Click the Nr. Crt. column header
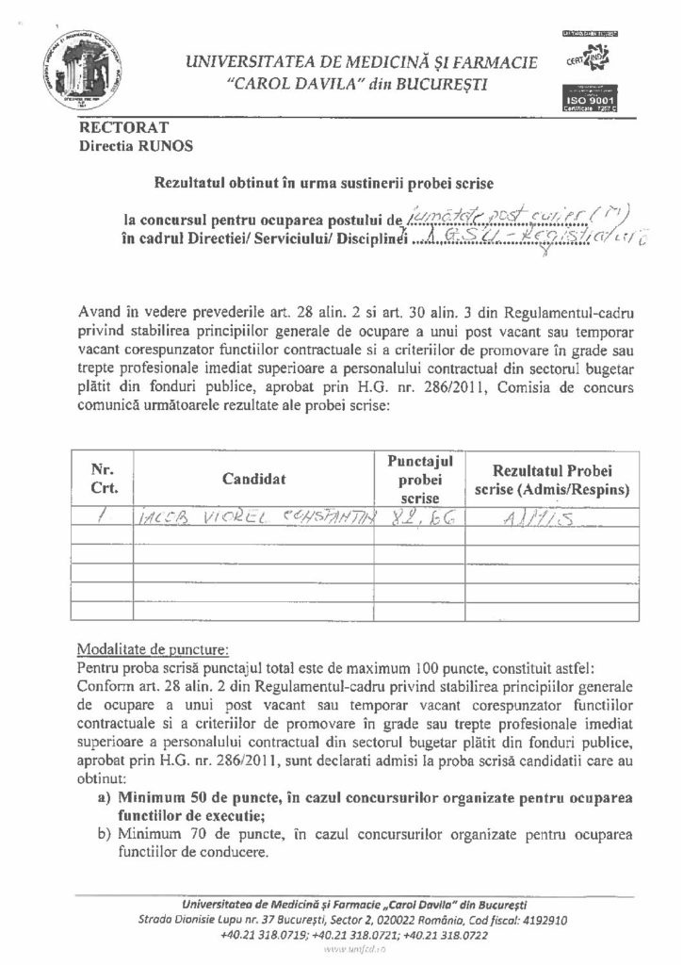tap(103, 479)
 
